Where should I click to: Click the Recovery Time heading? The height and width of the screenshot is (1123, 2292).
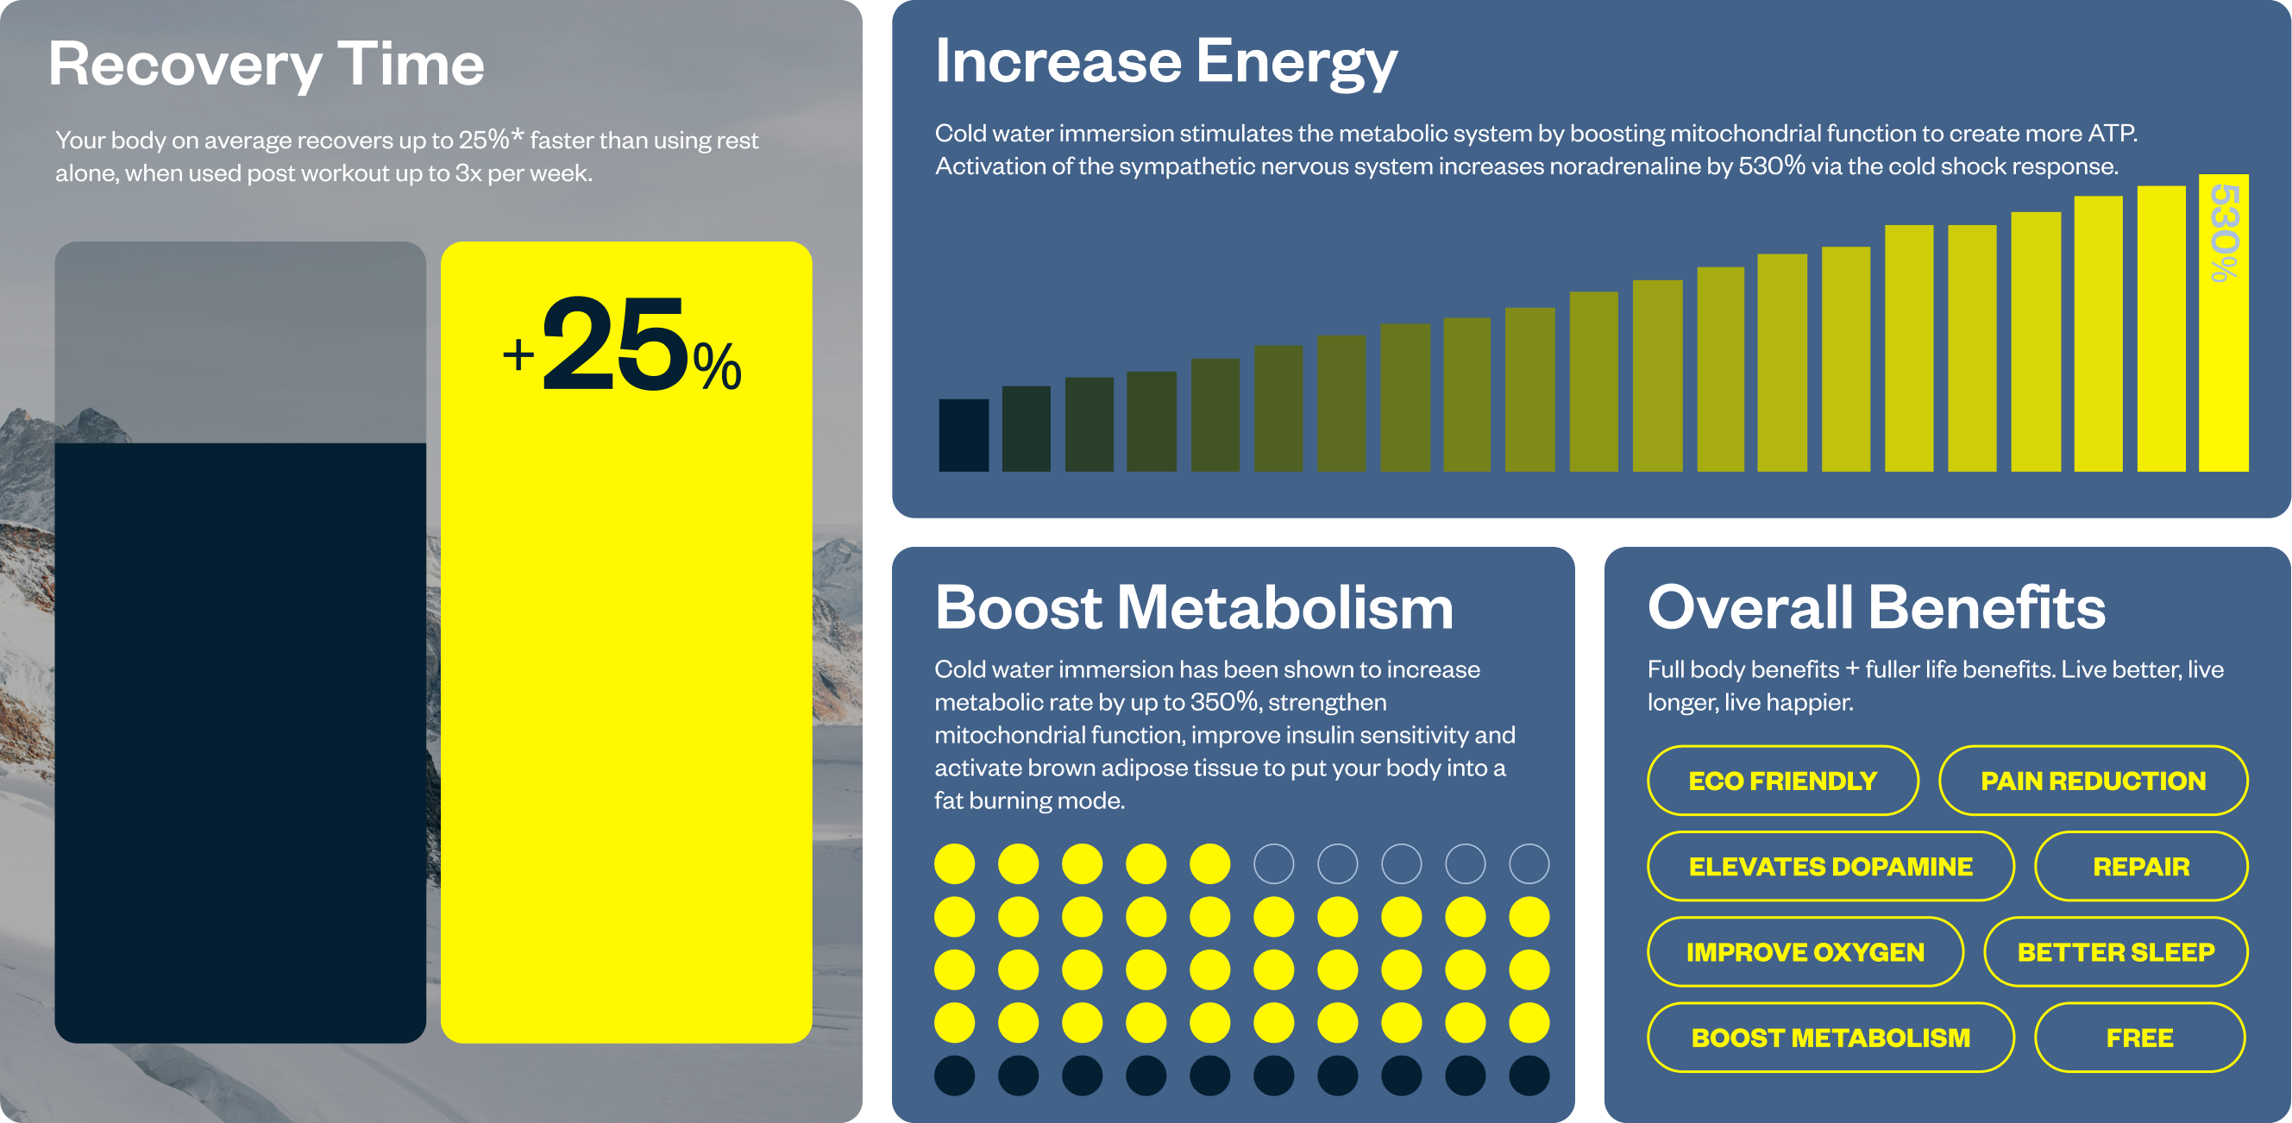pyautogui.click(x=266, y=65)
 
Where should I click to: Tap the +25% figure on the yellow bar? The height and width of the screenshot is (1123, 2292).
pyautogui.click(x=623, y=347)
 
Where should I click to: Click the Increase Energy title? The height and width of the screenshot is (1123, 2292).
pyautogui.click(x=1165, y=62)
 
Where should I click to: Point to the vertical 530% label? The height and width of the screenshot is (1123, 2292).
pyautogui.click(x=2224, y=233)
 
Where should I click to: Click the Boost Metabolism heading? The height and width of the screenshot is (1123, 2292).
pyautogui.click(x=1193, y=608)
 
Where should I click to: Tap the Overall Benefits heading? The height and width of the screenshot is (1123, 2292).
pyautogui.click(x=1875, y=608)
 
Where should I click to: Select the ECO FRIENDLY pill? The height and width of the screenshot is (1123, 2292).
pyautogui.click(x=1782, y=781)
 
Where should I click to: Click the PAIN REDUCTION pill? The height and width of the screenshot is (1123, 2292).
pyautogui.click(x=2093, y=781)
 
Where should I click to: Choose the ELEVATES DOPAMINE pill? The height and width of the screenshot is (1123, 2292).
pyautogui.click(x=1830, y=866)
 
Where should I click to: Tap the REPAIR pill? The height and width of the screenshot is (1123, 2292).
pyautogui.click(x=2141, y=866)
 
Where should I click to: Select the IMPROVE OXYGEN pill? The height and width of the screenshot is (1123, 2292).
pyautogui.click(x=1805, y=952)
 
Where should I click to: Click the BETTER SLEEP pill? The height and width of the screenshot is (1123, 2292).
pyautogui.click(x=2115, y=952)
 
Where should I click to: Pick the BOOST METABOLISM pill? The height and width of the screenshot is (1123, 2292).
pyautogui.click(x=1830, y=1038)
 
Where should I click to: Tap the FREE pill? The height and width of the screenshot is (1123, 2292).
pyautogui.click(x=2139, y=1038)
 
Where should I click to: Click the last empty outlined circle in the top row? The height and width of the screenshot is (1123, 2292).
pyautogui.click(x=1529, y=863)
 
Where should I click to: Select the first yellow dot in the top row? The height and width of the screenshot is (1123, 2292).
pyautogui.click(x=955, y=863)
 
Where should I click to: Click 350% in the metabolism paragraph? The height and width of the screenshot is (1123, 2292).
pyautogui.click(x=1225, y=702)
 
